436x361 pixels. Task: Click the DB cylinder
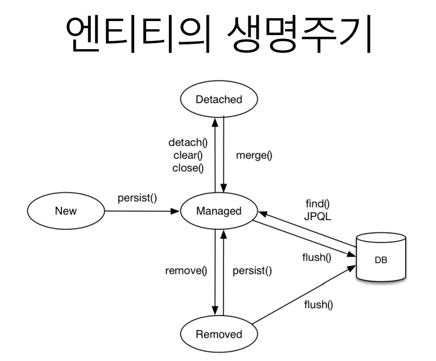[382, 258]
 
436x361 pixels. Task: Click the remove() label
[186, 270]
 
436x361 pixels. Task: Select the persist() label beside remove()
[252, 270]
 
